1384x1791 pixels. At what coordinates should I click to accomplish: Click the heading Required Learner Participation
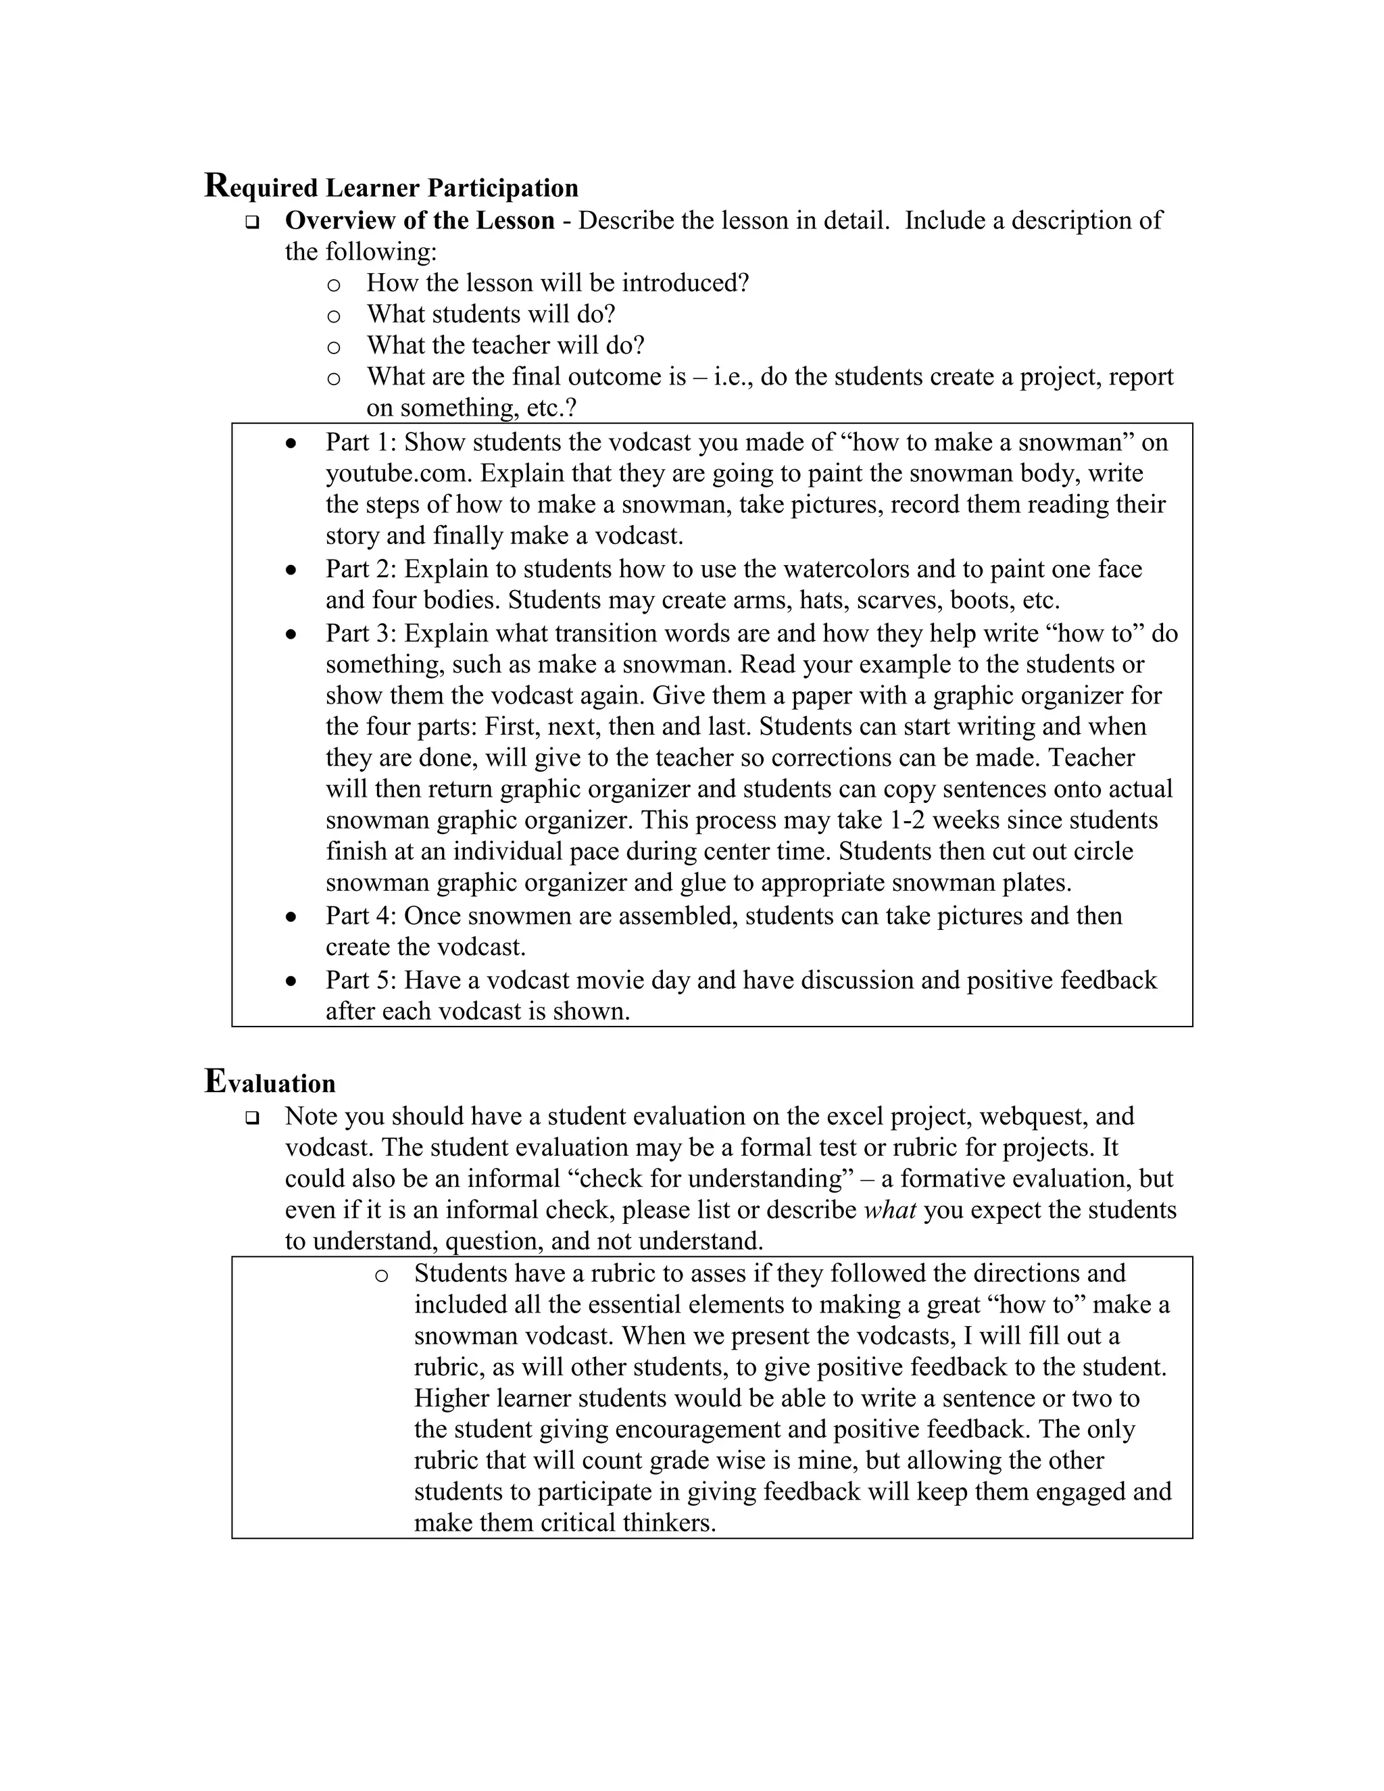coord(391,187)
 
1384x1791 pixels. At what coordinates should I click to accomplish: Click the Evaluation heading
coord(270,1083)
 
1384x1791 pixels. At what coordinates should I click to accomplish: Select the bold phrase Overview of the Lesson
coord(420,220)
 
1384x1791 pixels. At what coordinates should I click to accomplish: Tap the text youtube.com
coord(399,473)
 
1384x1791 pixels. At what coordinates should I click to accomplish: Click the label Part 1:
coord(361,442)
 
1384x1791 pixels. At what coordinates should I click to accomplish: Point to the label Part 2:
coord(361,568)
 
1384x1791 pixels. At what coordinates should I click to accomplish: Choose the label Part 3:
coord(361,633)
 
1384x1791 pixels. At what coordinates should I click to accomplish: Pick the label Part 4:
coord(361,915)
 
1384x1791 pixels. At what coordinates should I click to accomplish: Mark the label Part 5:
coord(361,980)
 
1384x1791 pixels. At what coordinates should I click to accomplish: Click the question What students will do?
coord(491,314)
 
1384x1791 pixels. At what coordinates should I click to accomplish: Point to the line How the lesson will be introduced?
coord(558,283)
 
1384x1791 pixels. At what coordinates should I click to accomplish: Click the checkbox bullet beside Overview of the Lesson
coord(251,222)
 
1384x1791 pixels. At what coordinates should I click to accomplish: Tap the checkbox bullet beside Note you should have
coord(251,1117)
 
